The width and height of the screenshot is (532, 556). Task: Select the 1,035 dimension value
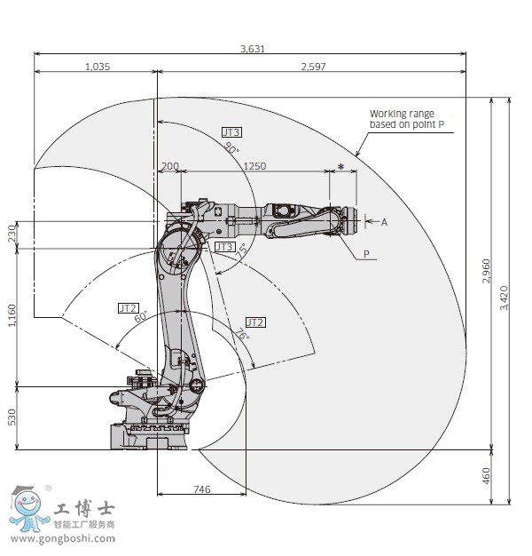pos(98,67)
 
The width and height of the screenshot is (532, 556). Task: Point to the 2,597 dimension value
pos(312,67)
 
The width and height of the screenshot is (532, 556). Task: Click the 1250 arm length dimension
pos(254,166)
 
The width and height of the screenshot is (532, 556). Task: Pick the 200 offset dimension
pos(170,166)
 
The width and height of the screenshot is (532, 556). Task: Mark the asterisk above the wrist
pos(341,167)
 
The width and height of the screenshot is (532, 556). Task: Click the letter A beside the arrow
pos(385,222)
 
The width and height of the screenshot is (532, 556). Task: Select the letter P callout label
pos(366,254)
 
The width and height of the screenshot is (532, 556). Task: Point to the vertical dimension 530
pos(12,417)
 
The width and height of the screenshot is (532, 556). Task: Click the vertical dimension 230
pos(12,234)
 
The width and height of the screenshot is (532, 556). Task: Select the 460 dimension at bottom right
pos(486,476)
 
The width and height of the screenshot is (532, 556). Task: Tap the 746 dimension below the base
pos(202,488)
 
